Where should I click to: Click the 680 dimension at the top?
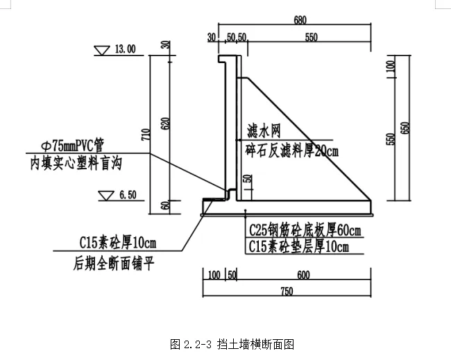(x=300, y=20)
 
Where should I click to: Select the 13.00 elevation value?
(x=126, y=49)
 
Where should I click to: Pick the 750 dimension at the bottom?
(x=287, y=291)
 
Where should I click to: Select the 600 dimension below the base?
(x=303, y=275)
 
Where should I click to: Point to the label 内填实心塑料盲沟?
(x=76, y=164)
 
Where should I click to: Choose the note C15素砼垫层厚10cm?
(x=298, y=246)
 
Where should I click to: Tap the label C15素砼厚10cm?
(x=118, y=243)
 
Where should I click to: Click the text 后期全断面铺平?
(x=112, y=264)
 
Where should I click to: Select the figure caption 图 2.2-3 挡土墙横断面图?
(x=232, y=343)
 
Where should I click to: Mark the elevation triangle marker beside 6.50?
(x=106, y=196)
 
